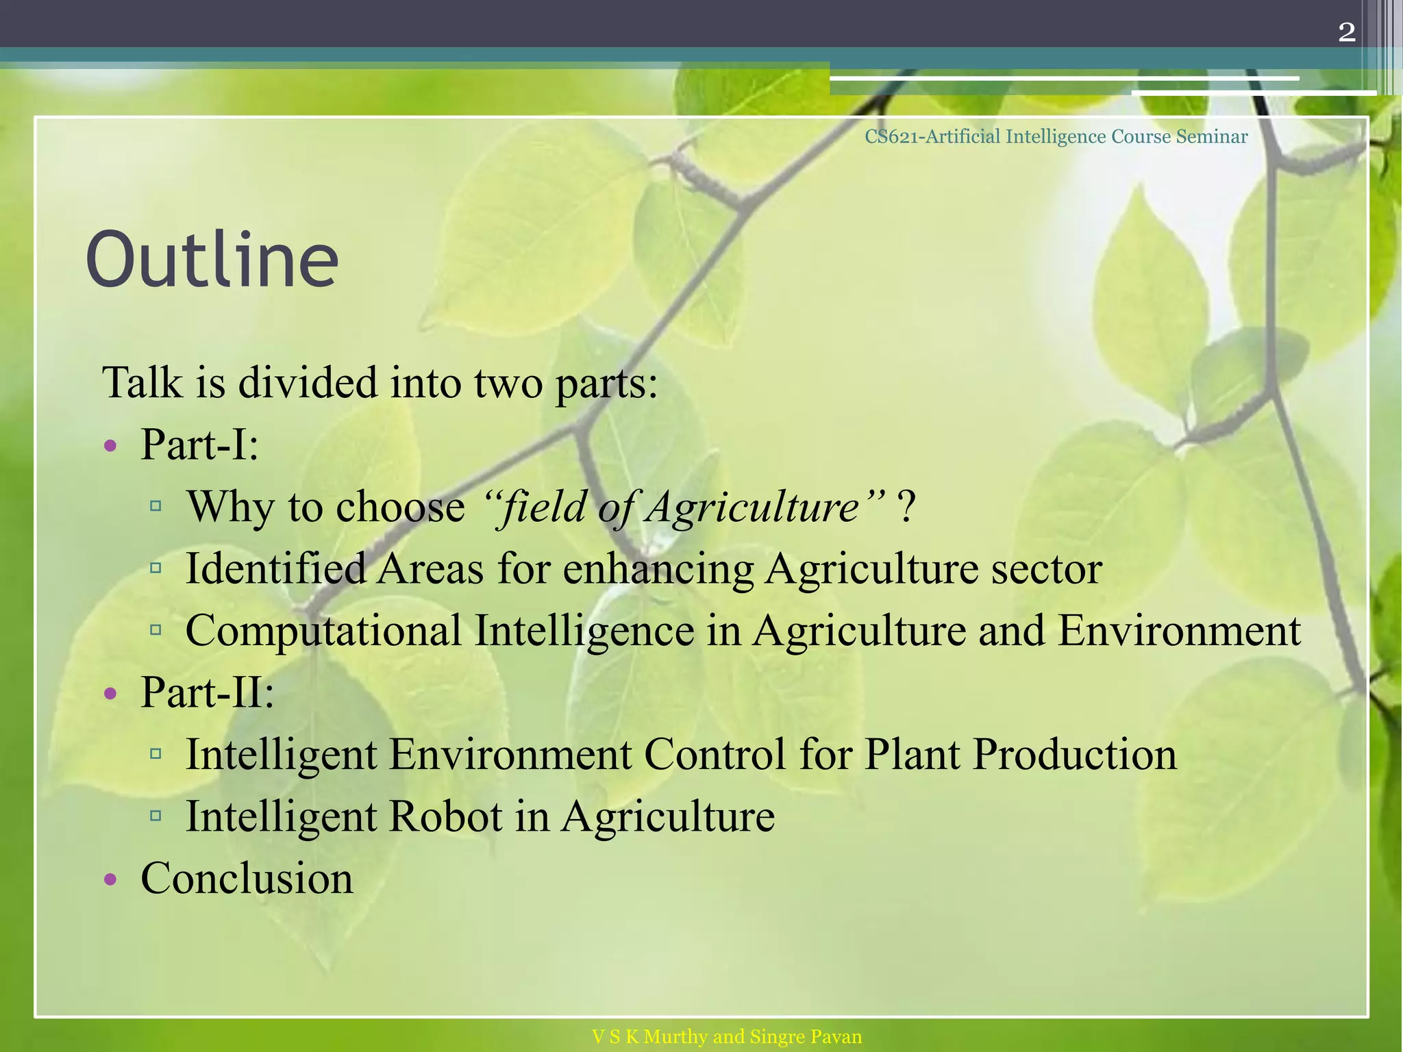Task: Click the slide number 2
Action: pos(1346,32)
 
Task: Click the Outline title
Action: pos(212,260)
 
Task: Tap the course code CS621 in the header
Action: pos(891,136)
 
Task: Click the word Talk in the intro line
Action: pos(142,382)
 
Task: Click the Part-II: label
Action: pos(207,692)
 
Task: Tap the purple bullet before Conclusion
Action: pos(111,879)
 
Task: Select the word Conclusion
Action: pos(247,878)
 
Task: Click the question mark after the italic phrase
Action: pos(906,508)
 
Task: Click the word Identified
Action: pos(275,568)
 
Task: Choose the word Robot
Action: pos(445,816)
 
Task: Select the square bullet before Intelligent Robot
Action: pos(156,816)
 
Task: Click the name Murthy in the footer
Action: pos(675,1036)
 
